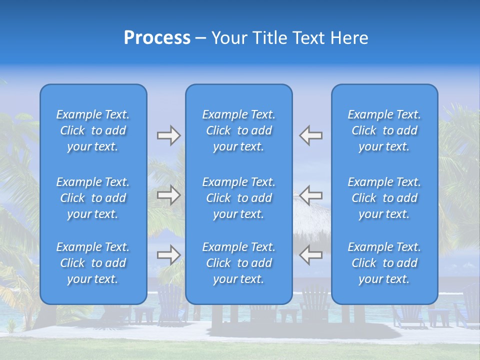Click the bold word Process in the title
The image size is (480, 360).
(x=157, y=38)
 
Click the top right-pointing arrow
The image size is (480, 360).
(x=168, y=135)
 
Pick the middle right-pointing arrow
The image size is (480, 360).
(x=168, y=195)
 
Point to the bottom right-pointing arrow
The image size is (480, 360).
(x=168, y=254)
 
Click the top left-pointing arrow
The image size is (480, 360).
(x=311, y=135)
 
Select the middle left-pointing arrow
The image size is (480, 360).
(x=311, y=195)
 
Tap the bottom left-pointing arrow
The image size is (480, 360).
(x=311, y=254)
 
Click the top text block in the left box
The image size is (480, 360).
(x=93, y=130)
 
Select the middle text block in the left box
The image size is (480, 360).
(x=93, y=198)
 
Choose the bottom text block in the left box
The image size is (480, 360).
(x=93, y=263)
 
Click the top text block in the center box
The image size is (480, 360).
(x=238, y=130)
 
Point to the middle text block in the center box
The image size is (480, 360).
(x=238, y=198)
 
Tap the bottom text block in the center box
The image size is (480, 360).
(x=238, y=263)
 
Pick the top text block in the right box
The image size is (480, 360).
(x=384, y=130)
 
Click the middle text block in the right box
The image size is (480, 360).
(x=384, y=198)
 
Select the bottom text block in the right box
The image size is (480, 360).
(x=384, y=263)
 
